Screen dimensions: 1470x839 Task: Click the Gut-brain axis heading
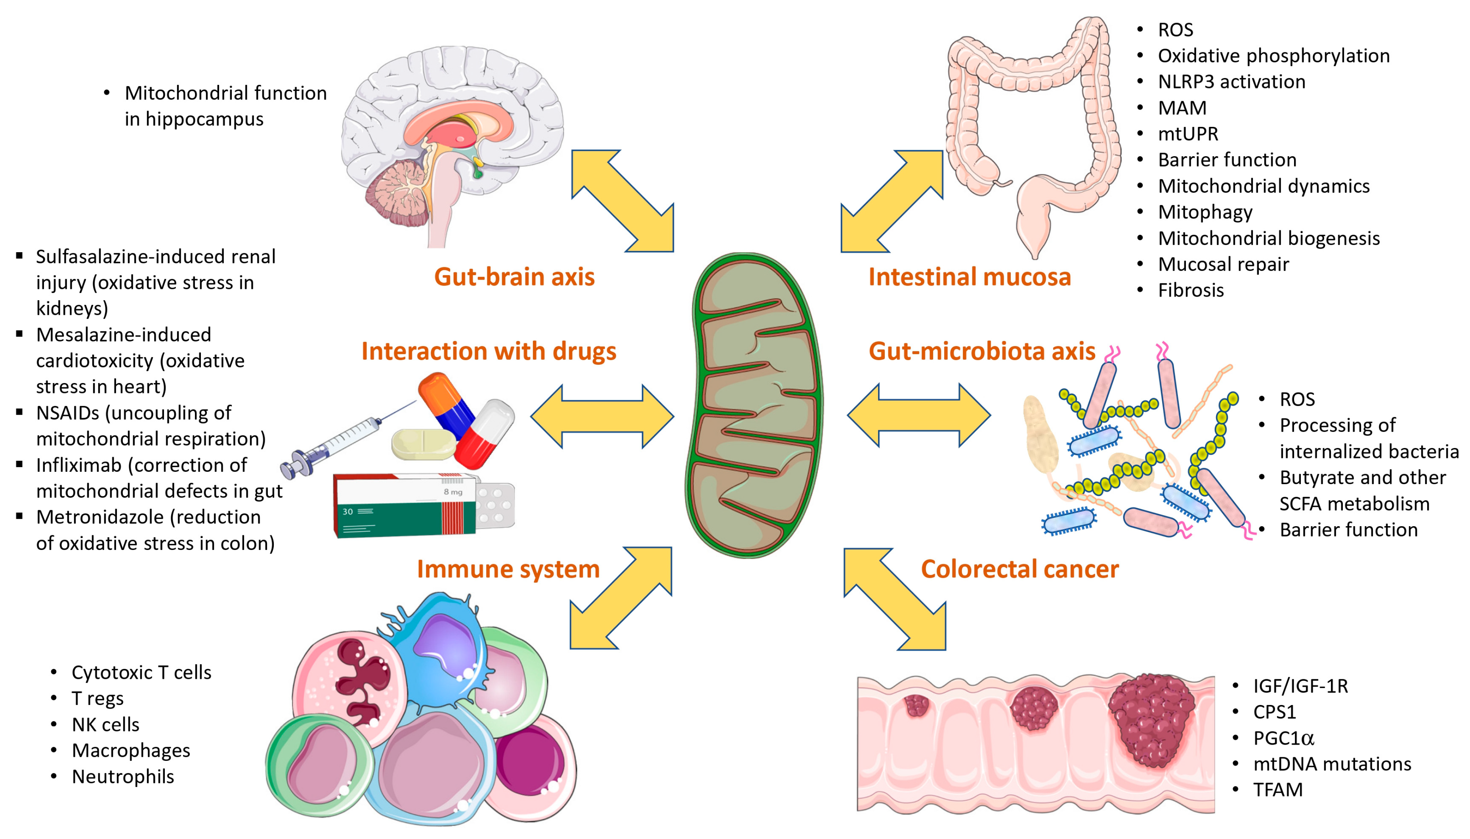(514, 277)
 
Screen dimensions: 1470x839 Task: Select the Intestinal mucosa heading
(970, 277)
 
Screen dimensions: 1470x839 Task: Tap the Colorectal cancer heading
(1020, 569)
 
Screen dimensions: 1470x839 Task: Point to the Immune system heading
(508, 570)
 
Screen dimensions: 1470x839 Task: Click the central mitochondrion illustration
(754, 405)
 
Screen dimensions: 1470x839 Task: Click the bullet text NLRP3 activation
(1231, 82)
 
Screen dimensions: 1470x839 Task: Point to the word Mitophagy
(1205, 212)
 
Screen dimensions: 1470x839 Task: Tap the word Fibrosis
(1191, 290)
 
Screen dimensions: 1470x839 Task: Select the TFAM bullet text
(1278, 789)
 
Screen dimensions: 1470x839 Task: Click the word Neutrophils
(123, 777)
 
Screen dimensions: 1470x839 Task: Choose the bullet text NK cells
(105, 725)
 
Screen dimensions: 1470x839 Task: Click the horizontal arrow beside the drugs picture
(602, 416)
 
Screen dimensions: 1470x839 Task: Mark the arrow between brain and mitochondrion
(622, 201)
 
